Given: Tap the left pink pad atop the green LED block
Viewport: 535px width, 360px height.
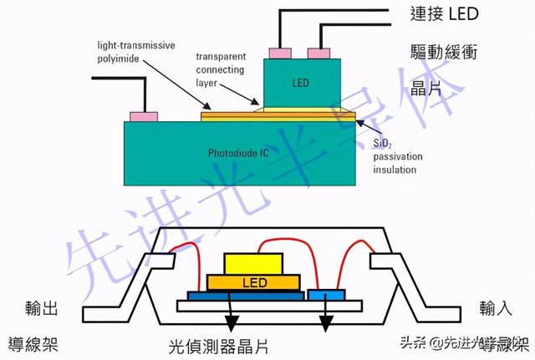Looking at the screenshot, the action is pos(276,54).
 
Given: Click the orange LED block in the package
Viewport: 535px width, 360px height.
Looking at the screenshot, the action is pos(254,283).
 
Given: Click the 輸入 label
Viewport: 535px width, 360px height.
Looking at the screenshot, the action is pos(498,308).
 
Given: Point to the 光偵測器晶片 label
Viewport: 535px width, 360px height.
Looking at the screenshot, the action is pos(222,344).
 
